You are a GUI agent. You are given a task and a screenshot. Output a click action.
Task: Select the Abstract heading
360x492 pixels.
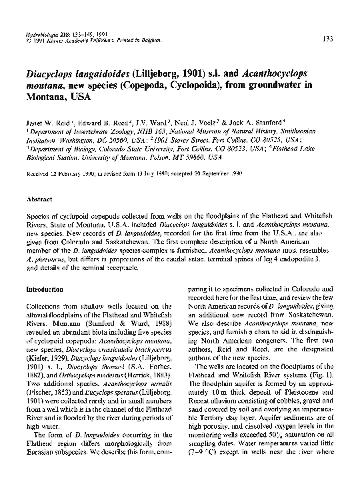pos(39,199)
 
